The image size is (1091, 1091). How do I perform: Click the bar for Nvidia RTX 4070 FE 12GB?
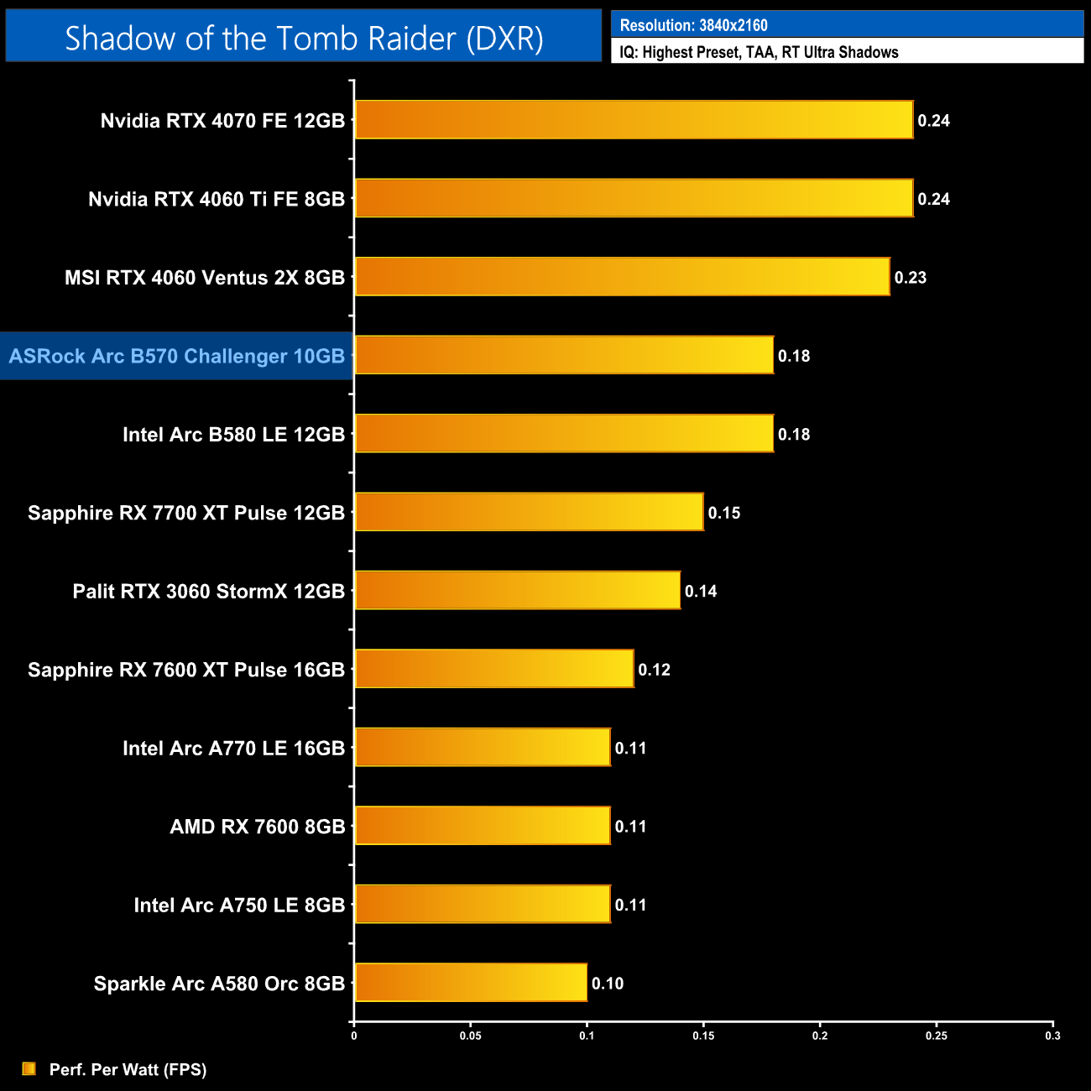point(634,120)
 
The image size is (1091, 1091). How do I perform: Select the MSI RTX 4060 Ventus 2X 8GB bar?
point(622,277)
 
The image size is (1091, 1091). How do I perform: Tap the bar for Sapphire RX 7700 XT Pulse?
point(529,512)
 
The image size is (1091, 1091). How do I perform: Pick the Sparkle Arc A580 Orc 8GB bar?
point(471,983)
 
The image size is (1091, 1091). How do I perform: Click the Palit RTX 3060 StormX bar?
point(517,591)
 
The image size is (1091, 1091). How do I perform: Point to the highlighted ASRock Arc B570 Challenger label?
point(177,356)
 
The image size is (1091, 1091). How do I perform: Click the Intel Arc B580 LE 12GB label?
point(233,435)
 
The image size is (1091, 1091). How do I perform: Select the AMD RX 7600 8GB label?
point(258,827)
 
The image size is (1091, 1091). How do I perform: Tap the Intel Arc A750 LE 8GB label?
point(239,905)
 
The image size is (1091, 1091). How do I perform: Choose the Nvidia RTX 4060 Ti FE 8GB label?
point(217,199)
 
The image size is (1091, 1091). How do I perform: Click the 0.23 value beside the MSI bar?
point(911,278)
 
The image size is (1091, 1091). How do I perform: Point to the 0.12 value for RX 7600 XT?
point(655,670)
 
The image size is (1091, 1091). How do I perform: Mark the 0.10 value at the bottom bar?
point(608,984)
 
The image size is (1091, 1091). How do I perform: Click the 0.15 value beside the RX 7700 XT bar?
point(724,513)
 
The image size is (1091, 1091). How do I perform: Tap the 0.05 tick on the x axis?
point(471,1036)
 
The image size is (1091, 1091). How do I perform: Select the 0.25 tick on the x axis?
point(937,1036)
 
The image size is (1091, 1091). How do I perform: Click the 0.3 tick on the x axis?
point(1052,1036)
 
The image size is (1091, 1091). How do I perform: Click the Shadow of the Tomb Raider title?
point(304,38)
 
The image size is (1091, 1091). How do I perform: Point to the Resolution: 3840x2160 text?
point(694,25)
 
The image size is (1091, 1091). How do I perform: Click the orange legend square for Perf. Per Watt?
point(29,1068)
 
